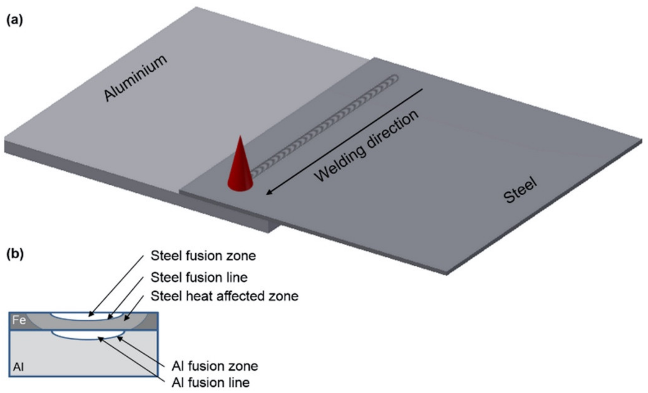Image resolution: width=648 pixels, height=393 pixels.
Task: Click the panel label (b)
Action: (x=15, y=254)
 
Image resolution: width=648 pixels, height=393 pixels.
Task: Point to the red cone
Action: (x=240, y=168)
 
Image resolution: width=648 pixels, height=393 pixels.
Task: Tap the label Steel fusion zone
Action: (x=203, y=256)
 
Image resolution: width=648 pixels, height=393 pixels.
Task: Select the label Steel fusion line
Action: (x=199, y=277)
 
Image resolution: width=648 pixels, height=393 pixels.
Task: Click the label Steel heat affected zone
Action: (x=224, y=296)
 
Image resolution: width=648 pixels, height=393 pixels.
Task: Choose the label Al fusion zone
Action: (x=215, y=366)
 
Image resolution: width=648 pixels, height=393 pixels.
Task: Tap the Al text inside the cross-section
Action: (x=18, y=367)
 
